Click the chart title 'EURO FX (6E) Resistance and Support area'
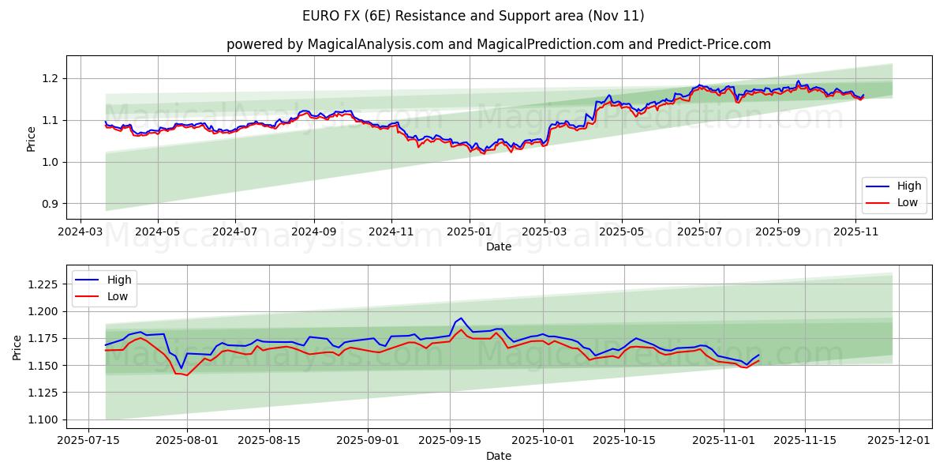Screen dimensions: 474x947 pyautogui.click(x=473, y=16)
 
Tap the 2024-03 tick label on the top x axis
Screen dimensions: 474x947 pyautogui.click(x=80, y=232)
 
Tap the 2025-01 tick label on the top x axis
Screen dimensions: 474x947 pyautogui.click(x=470, y=232)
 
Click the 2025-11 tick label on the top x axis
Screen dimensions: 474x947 pyautogui.click(x=855, y=232)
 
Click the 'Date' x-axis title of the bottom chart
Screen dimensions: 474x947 pyautogui.click(x=498, y=457)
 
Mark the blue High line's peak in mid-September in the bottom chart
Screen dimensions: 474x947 pyautogui.click(x=462, y=318)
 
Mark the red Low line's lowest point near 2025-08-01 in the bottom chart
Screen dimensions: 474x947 pyautogui.click(x=186, y=375)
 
